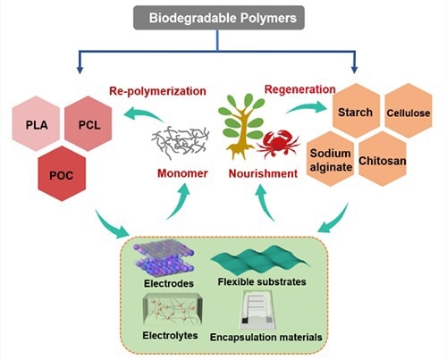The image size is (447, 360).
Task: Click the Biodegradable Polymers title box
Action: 219,18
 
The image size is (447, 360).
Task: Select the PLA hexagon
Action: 36,123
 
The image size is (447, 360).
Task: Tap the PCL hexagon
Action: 89,123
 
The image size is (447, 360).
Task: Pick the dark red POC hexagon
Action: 62,174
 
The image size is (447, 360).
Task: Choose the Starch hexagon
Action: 356,111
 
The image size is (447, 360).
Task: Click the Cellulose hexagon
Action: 409,111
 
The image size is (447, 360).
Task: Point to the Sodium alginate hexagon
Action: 330,159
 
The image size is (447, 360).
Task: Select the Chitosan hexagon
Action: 383,159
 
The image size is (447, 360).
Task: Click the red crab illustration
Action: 278,144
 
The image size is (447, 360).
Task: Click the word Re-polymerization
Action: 157,91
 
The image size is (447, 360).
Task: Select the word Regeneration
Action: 300,89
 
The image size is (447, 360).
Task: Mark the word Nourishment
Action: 263,173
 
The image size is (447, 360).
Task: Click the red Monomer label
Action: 182,173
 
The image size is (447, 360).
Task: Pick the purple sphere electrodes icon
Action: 164,258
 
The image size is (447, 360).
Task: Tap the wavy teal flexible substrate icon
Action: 260,260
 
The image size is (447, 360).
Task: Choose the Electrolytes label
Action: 170,336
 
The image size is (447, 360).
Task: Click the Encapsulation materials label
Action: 266,337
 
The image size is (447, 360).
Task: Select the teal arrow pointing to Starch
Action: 306,107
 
